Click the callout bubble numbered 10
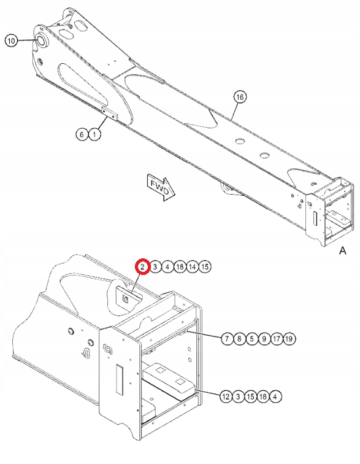coord(11,41)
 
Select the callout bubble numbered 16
coord(240,97)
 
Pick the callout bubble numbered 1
coord(94,134)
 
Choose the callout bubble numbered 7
coord(226,338)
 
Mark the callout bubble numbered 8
coord(239,338)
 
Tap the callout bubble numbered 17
coord(277,338)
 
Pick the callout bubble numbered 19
coord(290,338)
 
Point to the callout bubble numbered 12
coord(226,396)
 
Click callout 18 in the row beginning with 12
coord(264,396)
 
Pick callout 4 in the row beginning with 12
coord(277,396)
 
